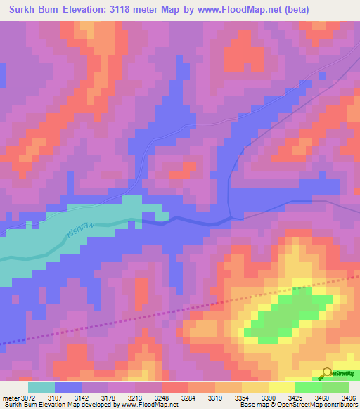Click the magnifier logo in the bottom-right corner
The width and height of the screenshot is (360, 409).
pos(327,373)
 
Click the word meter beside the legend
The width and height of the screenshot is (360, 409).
pos(9,398)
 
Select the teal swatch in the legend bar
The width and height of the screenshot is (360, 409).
pos(41,387)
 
